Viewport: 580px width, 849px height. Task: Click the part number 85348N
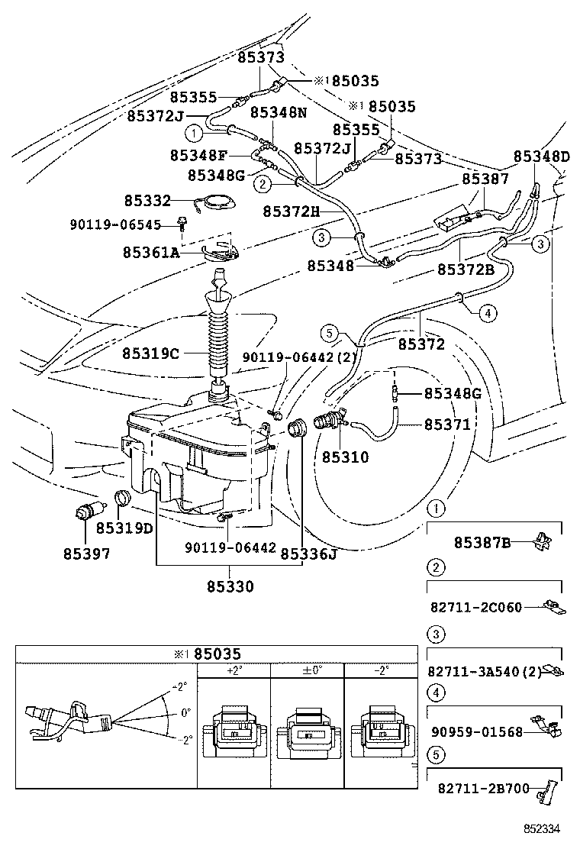[x=279, y=113]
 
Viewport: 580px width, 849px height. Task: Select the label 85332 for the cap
[x=148, y=201]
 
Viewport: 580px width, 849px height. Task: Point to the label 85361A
[x=151, y=252]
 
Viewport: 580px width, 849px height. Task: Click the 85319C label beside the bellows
[x=150, y=353]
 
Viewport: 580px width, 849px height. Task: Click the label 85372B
[x=466, y=269]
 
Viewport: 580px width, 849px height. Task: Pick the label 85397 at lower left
[x=86, y=554]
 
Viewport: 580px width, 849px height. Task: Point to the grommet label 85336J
[x=308, y=554]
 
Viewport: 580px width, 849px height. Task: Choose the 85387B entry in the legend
[x=482, y=543]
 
